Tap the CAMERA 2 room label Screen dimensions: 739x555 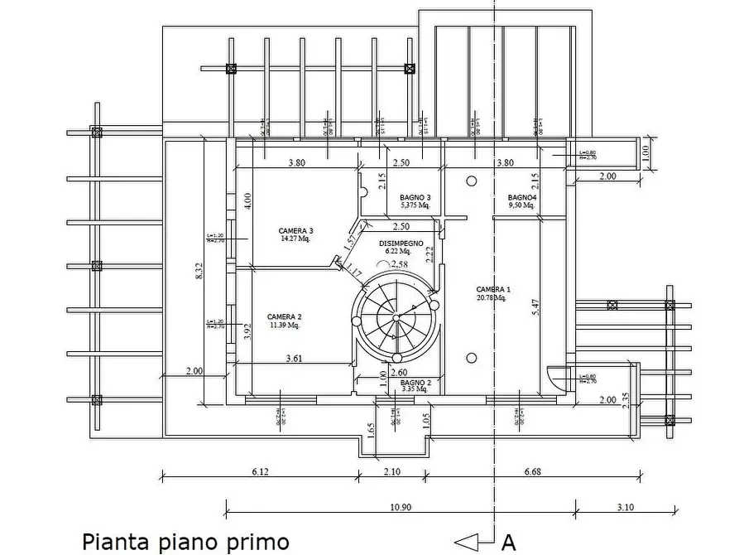[x=285, y=316]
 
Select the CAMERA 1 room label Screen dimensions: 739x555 [x=494, y=289]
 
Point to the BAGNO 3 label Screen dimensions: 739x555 [x=415, y=197]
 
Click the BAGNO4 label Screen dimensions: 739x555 [x=523, y=197]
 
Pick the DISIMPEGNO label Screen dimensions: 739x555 [x=401, y=244]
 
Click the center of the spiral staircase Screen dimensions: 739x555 [x=396, y=316]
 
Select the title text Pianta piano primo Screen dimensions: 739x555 [x=185, y=542]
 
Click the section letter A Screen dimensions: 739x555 [x=509, y=543]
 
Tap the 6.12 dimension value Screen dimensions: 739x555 [x=260, y=473]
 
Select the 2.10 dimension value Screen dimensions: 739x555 [x=391, y=473]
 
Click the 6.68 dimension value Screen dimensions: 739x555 [x=532, y=473]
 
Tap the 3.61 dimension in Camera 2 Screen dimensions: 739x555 [x=294, y=359]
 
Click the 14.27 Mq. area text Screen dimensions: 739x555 [x=295, y=239]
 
